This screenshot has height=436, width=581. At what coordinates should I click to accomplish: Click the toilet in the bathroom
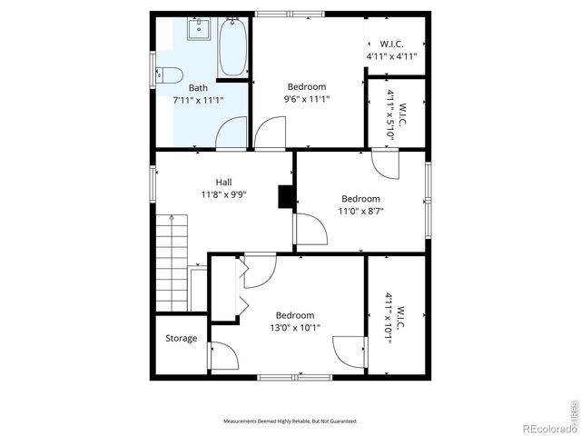coord(170,75)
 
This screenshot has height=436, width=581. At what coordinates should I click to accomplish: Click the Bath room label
coord(198,88)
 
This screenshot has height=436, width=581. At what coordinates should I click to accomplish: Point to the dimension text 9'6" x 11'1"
coord(306,100)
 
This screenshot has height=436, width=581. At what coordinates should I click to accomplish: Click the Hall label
coord(223,182)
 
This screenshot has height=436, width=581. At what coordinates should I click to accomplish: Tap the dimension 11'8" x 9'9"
coord(223,193)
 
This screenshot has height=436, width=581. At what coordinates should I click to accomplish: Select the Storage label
coord(181,339)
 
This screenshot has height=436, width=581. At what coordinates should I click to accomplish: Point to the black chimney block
coord(287,197)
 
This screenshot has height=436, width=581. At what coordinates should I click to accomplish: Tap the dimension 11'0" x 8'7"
coord(360,211)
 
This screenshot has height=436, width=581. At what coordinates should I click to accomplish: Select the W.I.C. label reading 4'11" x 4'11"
coord(391,50)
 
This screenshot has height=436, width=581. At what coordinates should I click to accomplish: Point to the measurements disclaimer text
coord(290,421)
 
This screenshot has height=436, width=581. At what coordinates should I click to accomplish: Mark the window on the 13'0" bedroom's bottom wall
coord(282,376)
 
